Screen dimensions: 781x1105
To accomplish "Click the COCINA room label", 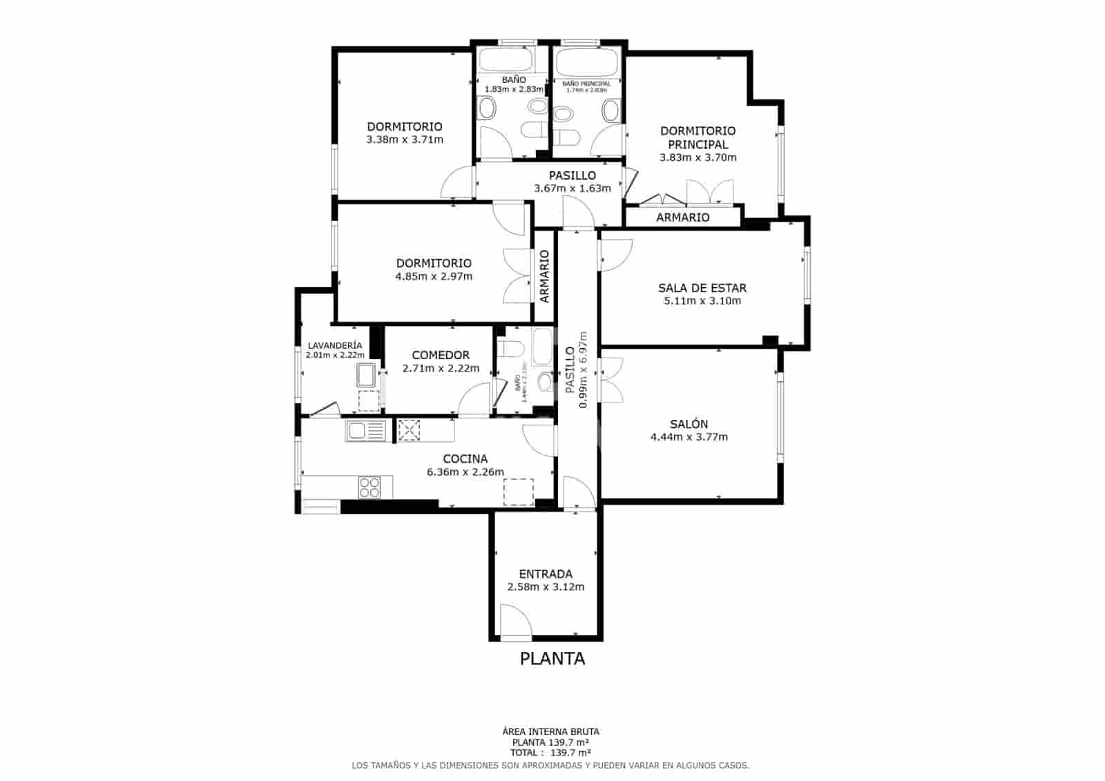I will [465, 459].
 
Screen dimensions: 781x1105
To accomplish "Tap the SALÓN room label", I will [689, 424].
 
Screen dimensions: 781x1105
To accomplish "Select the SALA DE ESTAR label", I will [702, 288].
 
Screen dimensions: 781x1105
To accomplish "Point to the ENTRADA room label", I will [546, 574].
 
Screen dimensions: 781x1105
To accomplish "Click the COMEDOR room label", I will [441, 355].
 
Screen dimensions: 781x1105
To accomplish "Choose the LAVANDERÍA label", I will [335, 345].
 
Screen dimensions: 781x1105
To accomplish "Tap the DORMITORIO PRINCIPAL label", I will [698, 137].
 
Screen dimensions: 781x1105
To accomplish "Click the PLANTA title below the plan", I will [552, 659].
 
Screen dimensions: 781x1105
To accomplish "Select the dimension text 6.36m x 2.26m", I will [465, 472].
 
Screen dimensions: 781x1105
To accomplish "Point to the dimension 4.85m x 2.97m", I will [434, 276].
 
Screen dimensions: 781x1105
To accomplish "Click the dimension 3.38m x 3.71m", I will [405, 139].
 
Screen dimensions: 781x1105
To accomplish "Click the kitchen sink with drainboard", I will [366, 431].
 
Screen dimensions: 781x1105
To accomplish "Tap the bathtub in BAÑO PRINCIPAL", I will [586, 62].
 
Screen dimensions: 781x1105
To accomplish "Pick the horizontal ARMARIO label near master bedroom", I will [682, 218].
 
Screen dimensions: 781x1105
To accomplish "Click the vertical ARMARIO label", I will [544, 276].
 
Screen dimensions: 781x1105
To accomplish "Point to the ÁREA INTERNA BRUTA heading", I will [550, 731].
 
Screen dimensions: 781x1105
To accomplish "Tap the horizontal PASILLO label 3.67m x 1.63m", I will [573, 175].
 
